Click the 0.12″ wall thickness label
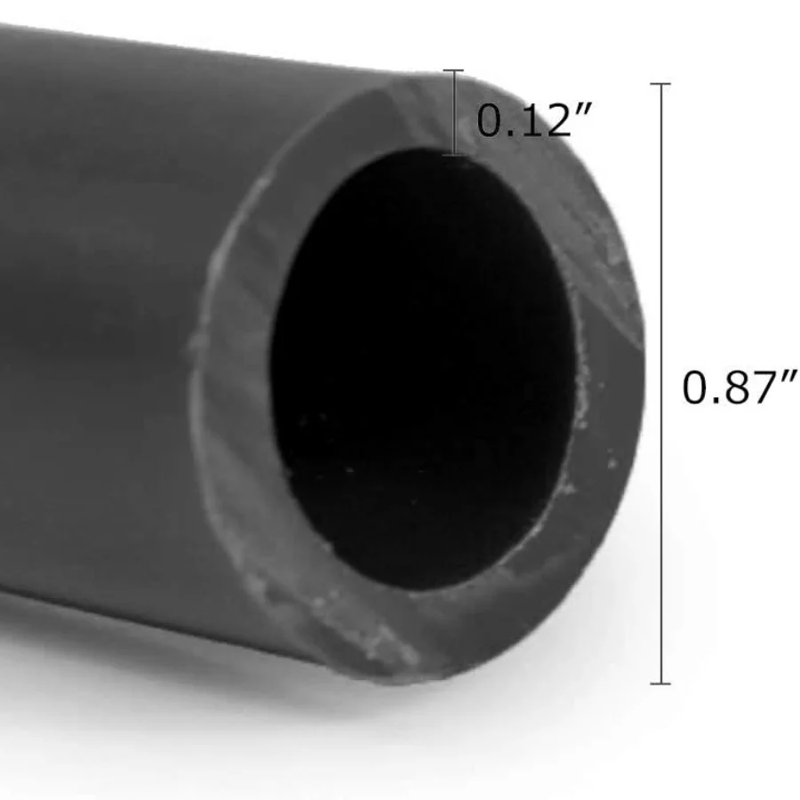pos(534,119)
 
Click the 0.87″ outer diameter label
pos(740,388)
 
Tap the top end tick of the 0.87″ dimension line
pos(660,84)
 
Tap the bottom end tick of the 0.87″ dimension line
pos(660,684)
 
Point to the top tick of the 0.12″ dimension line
pos(453,70)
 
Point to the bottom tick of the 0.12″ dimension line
pos(453,155)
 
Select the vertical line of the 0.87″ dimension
pos(661,383)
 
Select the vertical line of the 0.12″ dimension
pos(453,112)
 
